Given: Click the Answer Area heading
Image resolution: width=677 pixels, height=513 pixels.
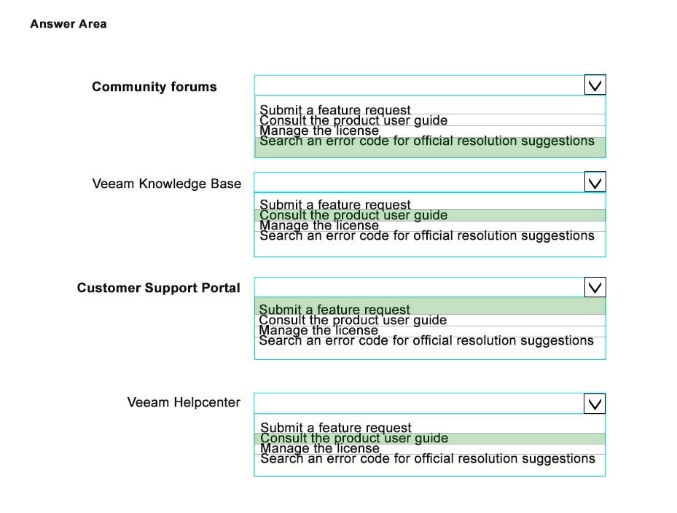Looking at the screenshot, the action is click(x=69, y=24).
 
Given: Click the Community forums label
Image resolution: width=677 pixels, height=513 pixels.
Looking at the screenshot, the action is click(x=154, y=87).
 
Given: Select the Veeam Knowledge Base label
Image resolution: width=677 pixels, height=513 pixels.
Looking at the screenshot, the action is click(x=167, y=184).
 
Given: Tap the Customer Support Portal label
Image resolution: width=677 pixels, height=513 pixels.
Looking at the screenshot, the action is click(x=158, y=288).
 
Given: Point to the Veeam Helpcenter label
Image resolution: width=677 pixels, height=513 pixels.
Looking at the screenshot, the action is click(x=184, y=402).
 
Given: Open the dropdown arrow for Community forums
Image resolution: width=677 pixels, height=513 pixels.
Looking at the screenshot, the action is click(x=595, y=85).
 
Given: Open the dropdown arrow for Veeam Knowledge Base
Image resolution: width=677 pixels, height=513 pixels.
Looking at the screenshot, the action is click(x=595, y=181).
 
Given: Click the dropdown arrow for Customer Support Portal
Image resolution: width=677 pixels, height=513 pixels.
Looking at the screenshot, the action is click(x=595, y=287).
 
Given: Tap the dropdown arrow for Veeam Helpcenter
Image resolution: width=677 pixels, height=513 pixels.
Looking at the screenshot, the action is click(x=595, y=404).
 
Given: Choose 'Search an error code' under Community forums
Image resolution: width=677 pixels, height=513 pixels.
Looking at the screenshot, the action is click(x=427, y=141).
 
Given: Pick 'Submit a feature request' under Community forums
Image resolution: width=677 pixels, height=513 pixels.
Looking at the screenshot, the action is click(x=335, y=110).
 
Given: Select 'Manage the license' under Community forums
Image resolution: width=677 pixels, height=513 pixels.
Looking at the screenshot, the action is click(x=319, y=131).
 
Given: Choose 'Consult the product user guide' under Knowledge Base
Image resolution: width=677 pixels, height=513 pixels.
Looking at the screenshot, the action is click(x=353, y=215).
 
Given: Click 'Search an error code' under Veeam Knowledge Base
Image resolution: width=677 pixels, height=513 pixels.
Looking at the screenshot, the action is click(x=427, y=236).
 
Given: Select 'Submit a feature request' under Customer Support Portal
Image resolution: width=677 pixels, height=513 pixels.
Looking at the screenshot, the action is click(x=334, y=310).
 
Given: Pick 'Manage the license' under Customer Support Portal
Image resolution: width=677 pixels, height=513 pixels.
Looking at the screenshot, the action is click(x=318, y=330).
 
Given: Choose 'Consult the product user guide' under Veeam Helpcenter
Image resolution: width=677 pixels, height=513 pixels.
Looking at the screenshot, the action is click(x=354, y=438).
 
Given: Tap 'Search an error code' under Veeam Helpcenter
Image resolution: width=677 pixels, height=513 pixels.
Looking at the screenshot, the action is click(x=428, y=458).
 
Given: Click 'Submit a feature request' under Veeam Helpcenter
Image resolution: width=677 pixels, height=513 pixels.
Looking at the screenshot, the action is click(x=336, y=428).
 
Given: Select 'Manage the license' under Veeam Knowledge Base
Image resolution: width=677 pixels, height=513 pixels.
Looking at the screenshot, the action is click(x=319, y=225).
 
